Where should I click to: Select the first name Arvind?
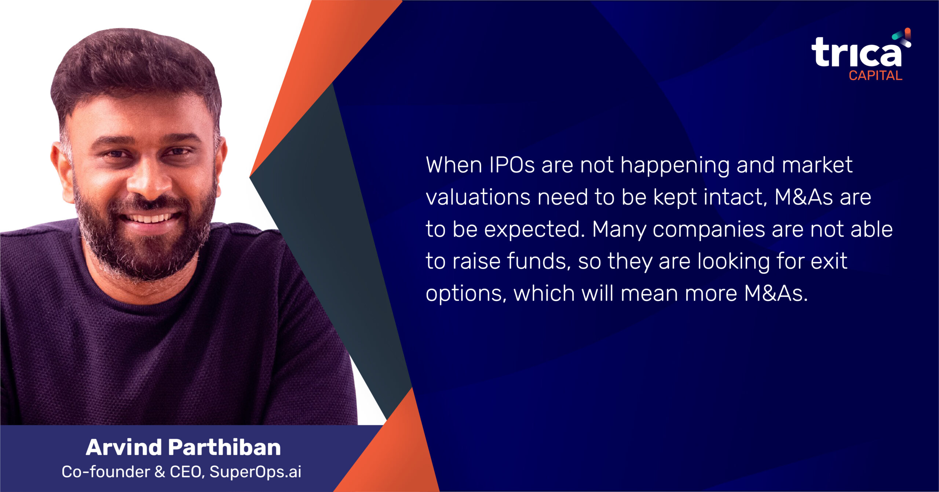pyautogui.click(x=124, y=447)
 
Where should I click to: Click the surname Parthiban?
pyautogui.click(x=224, y=447)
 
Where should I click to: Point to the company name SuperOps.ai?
pyautogui.click(x=255, y=472)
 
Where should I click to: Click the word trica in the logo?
pyautogui.click(x=856, y=52)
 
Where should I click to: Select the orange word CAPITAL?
pyautogui.click(x=875, y=76)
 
